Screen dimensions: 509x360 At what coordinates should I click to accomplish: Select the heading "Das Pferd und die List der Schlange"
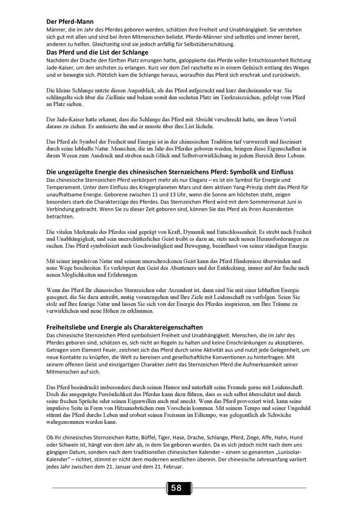(x=97, y=52)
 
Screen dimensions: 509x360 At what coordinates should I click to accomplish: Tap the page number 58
(x=176, y=488)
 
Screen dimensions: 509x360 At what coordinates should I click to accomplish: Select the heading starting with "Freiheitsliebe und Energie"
(x=124, y=327)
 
